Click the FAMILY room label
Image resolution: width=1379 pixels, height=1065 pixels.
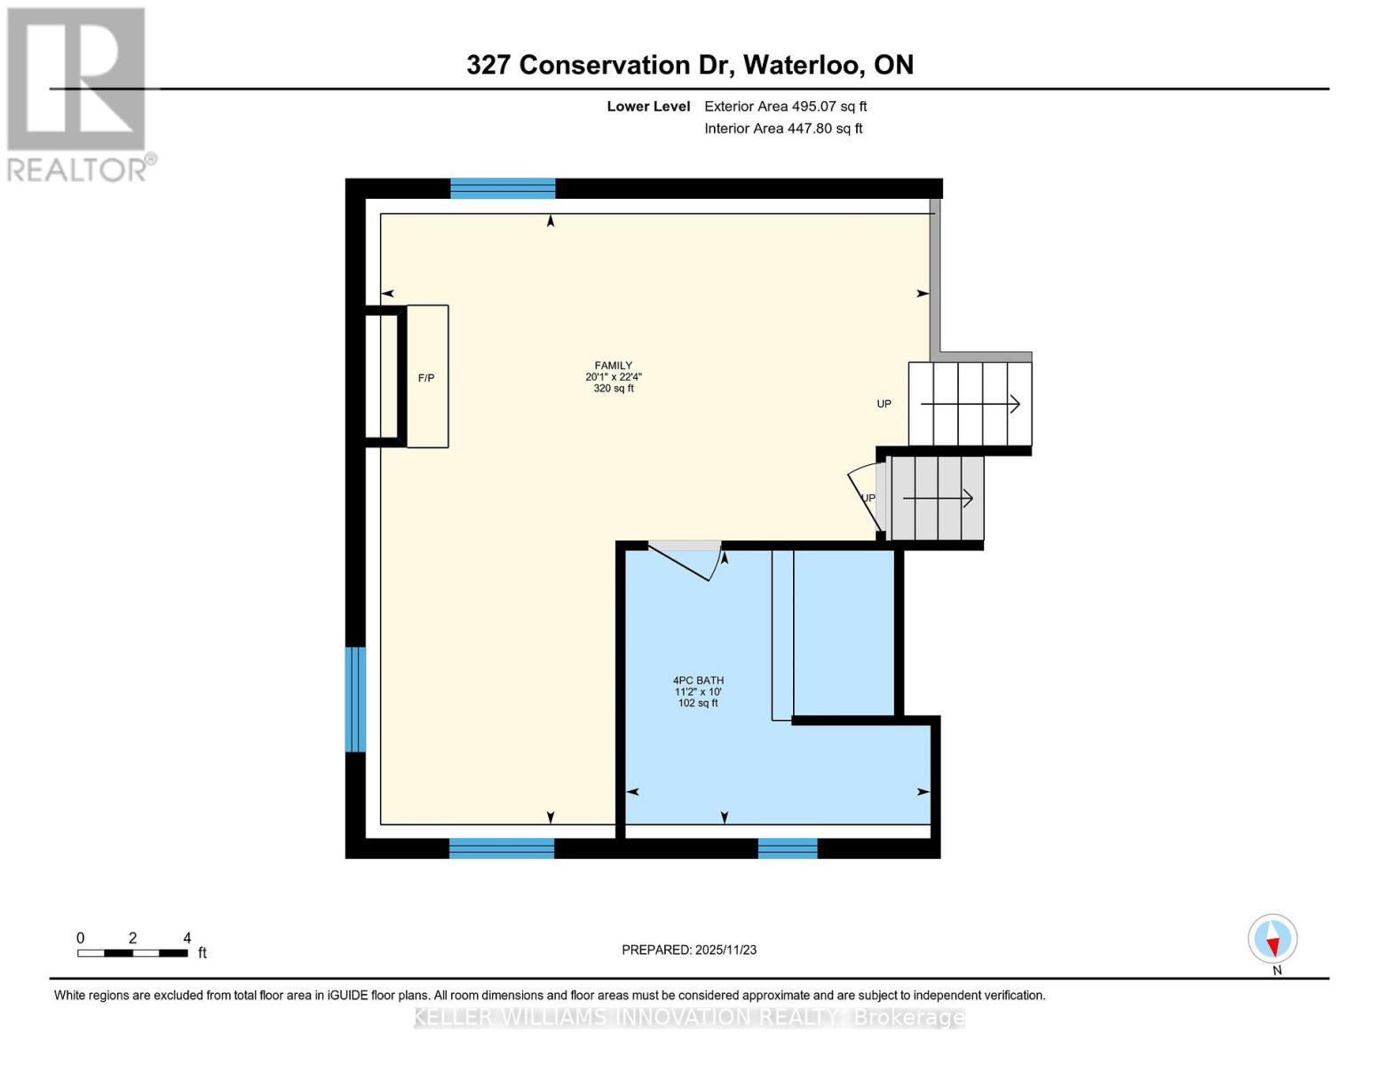pos(613,366)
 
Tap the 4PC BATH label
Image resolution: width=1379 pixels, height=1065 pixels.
pos(698,681)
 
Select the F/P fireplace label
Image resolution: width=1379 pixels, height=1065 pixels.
pos(426,378)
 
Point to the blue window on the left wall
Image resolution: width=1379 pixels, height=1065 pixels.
pos(355,699)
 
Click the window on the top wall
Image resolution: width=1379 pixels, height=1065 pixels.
pos(503,188)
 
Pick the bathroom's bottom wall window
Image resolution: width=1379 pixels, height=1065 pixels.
pos(788,848)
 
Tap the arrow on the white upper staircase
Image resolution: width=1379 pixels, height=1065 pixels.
pos(970,405)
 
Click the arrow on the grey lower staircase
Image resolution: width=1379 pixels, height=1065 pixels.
pos(938,499)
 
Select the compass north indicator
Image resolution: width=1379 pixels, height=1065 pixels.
pos(1272,939)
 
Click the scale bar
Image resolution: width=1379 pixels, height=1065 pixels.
pos(132,953)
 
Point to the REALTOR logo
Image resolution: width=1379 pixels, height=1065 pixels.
pos(78,93)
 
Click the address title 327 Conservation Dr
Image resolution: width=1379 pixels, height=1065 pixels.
pos(690,65)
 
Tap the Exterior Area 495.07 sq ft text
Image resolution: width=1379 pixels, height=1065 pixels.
pos(785,106)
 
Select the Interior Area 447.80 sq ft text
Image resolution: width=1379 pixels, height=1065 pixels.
pos(783,129)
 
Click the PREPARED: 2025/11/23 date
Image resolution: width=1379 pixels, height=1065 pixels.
pos(689,950)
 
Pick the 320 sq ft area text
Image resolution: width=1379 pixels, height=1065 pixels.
pos(614,389)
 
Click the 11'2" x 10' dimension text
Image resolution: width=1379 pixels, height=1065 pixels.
pos(698,692)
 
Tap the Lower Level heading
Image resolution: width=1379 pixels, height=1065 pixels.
pos(648,106)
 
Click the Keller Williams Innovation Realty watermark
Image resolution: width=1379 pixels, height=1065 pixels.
pos(689,1017)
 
